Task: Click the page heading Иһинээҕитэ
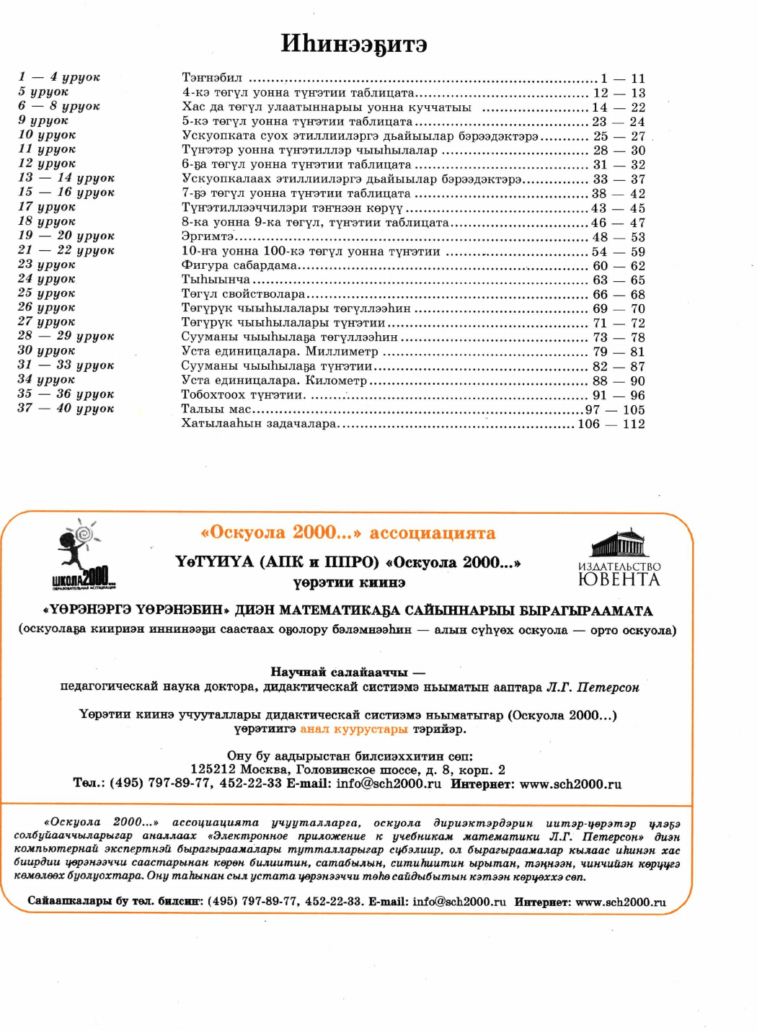(x=354, y=44)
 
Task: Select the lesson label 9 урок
(x=43, y=120)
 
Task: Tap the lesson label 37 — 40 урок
(x=66, y=408)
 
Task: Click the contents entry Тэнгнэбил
(x=212, y=78)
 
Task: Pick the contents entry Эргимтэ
(x=208, y=236)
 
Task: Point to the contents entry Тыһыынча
(x=216, y=280)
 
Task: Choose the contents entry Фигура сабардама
(x=239, y=265)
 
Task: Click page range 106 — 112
(x=611, y=424)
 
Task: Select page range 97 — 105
(x=614, y=409)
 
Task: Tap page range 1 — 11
(x=622, y=79)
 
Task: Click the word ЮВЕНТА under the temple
(x=619, y=580)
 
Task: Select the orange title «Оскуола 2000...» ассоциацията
(x=348, y=533)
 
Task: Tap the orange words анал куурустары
(x=354, y=729)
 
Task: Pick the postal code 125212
(x=213, y=770)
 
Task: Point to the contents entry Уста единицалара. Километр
(x=274, y=381)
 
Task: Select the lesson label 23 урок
(x=47, y=265)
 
